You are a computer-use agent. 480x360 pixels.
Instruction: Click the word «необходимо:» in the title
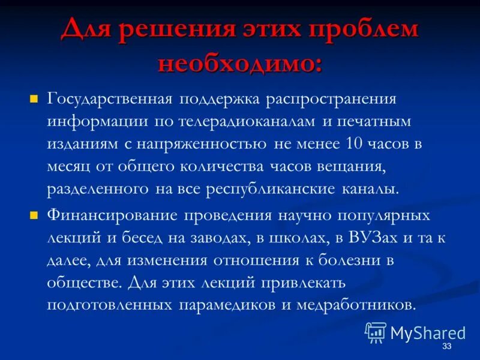[239, 63]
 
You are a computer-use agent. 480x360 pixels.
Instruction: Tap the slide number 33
[446, 348]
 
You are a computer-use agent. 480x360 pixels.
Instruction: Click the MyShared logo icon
[376, 331]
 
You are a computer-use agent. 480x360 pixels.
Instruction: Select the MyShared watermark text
[427, 332]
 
